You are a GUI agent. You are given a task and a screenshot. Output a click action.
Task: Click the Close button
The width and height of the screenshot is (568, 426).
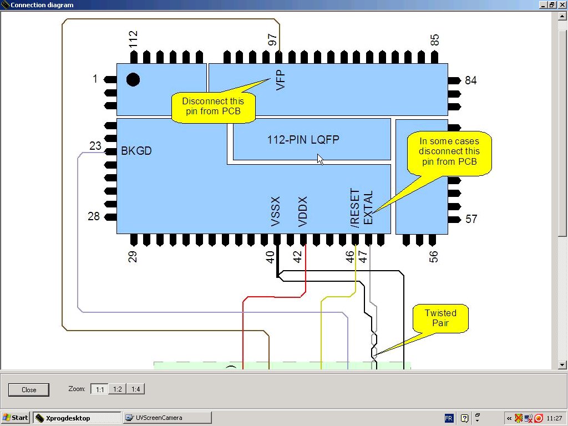29,389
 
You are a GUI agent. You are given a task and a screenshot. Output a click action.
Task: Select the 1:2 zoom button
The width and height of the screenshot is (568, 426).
118,389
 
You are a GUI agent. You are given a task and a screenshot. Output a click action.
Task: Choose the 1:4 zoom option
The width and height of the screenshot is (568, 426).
135,389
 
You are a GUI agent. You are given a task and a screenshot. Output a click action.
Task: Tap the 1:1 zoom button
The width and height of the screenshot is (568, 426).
100,389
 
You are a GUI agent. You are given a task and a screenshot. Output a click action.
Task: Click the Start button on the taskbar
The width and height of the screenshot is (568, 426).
16,418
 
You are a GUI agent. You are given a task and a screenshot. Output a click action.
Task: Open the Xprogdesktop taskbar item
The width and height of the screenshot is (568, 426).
77,418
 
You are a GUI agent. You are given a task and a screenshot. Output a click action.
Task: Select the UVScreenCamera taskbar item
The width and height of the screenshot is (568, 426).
167,418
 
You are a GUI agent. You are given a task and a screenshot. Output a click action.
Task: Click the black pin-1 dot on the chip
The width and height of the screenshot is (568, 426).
133,79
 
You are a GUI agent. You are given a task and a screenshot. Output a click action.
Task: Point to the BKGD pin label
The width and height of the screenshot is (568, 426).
136,151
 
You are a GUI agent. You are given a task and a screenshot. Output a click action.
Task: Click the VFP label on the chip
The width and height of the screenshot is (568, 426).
281,80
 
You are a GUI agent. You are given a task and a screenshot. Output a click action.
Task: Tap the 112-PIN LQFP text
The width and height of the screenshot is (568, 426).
303,140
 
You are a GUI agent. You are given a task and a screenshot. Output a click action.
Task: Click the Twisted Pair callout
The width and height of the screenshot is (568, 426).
440,318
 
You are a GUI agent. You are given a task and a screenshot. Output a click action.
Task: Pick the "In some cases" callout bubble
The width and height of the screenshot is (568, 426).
449,151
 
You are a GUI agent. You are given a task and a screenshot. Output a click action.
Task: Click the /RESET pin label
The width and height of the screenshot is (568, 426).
355,208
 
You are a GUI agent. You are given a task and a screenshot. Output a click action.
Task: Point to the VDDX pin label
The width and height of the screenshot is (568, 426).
303,211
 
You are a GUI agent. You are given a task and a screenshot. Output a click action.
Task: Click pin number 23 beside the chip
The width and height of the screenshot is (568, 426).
95,146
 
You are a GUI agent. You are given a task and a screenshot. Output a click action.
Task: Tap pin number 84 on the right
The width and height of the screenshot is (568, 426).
471,80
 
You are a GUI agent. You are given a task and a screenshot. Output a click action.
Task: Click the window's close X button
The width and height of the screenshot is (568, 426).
561,5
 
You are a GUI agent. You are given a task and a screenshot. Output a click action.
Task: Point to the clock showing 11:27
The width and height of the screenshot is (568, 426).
554,418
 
